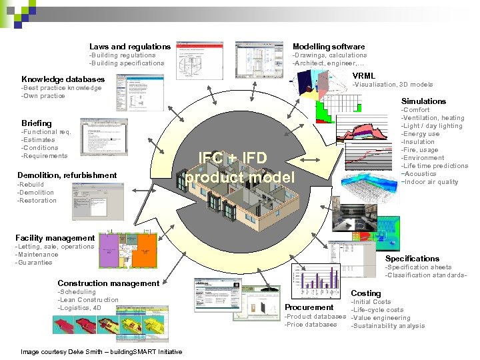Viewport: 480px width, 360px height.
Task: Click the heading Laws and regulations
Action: pos(130,47)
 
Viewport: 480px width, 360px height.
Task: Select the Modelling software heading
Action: pos(329,47)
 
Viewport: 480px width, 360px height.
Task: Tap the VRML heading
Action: pos(363,76)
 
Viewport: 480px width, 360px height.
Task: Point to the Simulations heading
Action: pos(423,101)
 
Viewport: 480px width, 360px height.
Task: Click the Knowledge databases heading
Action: pos(63,79)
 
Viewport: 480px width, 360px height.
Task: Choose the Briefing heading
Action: pos(37,123)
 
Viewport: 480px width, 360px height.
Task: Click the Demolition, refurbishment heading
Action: pos(67,175)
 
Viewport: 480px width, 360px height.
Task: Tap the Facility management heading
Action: pos(55,238)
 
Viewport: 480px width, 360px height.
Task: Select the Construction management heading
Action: pos(109,283)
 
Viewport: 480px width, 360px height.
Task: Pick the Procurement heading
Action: pos(309,307)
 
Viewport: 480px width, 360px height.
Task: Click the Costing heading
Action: pos(366,293)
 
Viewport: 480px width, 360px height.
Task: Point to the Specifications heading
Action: pos(412,259)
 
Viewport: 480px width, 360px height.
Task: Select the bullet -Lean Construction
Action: pos(88,300)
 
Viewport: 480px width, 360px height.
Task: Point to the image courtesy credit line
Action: pos(101,351)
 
